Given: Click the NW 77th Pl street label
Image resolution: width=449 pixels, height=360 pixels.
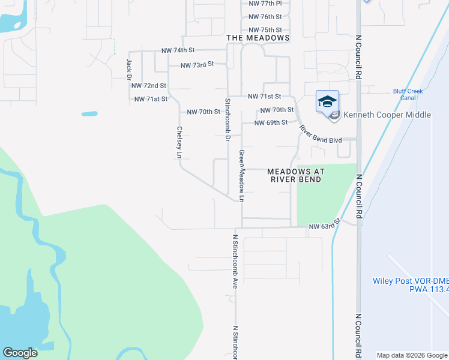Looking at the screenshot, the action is pyautogui.click(x=265, y=4).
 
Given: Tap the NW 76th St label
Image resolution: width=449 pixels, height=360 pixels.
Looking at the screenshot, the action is pyautogui.click(x=265, y=17).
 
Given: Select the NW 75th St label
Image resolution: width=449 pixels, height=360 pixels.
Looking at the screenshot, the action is pyautogui.click(x=265, y=30).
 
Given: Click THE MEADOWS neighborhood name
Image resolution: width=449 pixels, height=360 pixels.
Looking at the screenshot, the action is pyautogui.click(x=258, y=38).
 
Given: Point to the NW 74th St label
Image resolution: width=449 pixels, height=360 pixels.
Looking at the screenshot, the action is pyautogui.click(x=178, y=51).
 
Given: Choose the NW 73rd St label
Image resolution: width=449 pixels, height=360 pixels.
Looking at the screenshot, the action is pyautogui.click(x=197, y=64).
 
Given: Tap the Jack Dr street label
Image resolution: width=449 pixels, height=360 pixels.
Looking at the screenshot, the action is pyautogui.click(x=128, y=69).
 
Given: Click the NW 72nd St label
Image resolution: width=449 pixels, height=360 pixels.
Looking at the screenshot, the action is pyautogui.click(x=149, y=86).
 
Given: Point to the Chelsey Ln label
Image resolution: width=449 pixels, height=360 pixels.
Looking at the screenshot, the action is pyautogui.click(x=179, y=142).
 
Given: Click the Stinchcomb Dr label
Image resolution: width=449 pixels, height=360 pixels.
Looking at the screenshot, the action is pyautogui.click(x=228, y=119).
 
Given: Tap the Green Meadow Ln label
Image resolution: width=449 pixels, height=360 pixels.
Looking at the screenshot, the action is pyautogui.click(x=242, y=175).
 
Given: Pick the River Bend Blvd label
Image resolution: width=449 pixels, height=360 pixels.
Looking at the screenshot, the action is pyautogui.click(x=321, y=134).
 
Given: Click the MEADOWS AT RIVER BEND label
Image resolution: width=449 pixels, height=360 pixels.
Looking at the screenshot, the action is pyautogui.click(x=295, y=175).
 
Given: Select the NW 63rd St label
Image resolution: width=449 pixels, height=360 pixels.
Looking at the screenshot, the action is pyautogui.click(x=325, y=224).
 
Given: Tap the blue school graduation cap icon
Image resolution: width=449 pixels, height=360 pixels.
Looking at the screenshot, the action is pyautogui.click(x=327, y=101).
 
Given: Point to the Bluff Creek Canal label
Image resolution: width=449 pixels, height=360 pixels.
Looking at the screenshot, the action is pyautogui.click(x=408, y=94).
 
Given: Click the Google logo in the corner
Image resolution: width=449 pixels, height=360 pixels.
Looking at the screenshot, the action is pyautogui.click(x=20, y=353).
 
